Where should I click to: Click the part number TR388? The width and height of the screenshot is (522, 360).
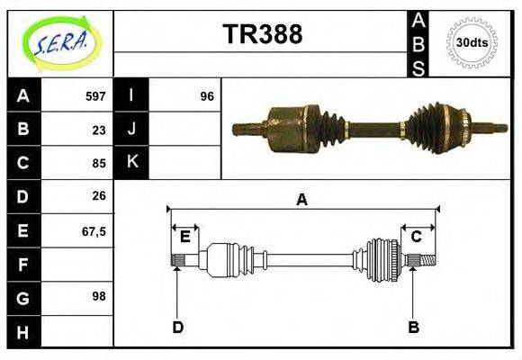pyautogui.click(x=262, y=34)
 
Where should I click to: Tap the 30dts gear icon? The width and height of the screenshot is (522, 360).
pyautogui.click(x=472, y=42)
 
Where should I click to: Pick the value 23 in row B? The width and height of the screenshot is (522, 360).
pyautogui.click(x=98, y=130)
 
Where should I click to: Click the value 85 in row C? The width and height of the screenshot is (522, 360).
pyautogui.click(x=98, y=164)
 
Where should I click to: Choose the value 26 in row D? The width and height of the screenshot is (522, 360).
pyautogui.click(x=98, y=196)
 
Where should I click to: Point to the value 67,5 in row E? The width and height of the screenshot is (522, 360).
pyautogui.click(x=94, y=230)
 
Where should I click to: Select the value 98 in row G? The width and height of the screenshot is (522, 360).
pyautogui.click(x=98, y=295)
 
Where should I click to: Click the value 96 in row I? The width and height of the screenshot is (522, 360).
pyautogui.click(x=206, y=95)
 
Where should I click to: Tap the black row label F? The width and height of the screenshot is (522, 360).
pyautogui.click(x=22, y=265)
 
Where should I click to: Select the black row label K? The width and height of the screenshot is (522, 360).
pyautogui.click(x=131, y=162)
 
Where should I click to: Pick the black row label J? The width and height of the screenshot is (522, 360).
pyautogui.click(x=131, y=129)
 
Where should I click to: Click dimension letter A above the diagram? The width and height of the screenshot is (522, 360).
pyautogui.click(x=301, y=200)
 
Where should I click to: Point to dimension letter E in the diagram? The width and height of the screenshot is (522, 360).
pyautogui.click(x=184, y=237)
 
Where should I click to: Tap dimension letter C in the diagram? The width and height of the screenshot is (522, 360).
pyautogui.click(x=416, y=237)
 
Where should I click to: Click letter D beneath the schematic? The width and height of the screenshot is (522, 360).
pyautogui.click(x=177, y=327)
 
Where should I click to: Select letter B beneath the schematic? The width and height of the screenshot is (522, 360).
pyautogui.click(x=413, y=327)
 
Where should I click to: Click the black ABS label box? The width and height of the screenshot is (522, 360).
pyautogui.click(x=418, y=43)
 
